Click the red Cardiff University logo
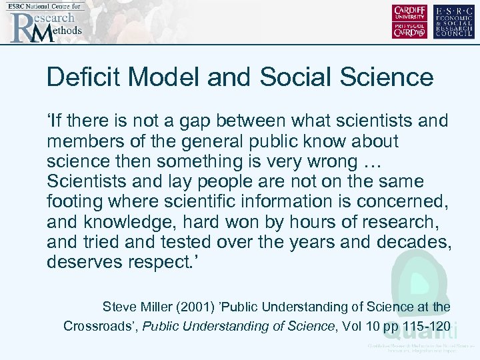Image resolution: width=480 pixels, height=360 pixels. (x=410, y=21)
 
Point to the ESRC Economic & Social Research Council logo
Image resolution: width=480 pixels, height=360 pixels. (x=454, y=21)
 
